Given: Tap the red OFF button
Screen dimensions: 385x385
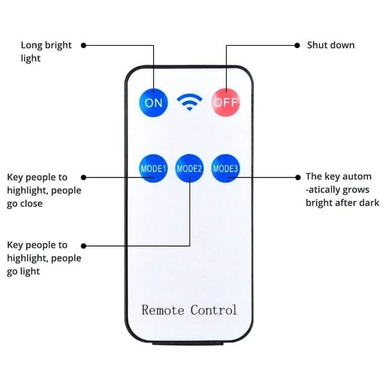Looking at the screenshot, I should coord(226,102).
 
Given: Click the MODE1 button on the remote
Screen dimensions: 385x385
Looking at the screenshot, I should coord(153,168).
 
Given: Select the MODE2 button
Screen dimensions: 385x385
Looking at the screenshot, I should coord(189,168).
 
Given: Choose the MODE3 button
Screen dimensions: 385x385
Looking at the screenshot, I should coord(226,168).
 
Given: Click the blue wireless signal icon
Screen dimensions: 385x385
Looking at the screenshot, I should coord(189,103).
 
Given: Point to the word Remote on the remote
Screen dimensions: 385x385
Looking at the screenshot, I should coord(163,310).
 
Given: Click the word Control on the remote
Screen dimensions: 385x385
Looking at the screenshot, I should coord(214,310).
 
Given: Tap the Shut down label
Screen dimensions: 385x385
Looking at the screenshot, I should coord(331,45).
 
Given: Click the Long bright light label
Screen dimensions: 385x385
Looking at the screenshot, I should coord(46,52).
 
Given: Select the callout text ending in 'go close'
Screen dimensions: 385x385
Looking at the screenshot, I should coord(44,190).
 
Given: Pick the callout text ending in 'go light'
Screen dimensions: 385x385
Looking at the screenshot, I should coord(44,258).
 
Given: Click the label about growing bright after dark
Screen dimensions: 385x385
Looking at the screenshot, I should coord(342,189).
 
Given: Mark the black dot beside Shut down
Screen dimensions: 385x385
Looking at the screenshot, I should coord(297,45).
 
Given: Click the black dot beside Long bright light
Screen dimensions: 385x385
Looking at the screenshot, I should coord(84,45).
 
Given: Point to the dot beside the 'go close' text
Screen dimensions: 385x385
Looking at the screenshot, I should coord(84,177).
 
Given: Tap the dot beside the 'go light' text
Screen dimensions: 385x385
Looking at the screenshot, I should coord(84,245).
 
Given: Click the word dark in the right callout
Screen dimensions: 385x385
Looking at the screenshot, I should coord(369,203).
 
